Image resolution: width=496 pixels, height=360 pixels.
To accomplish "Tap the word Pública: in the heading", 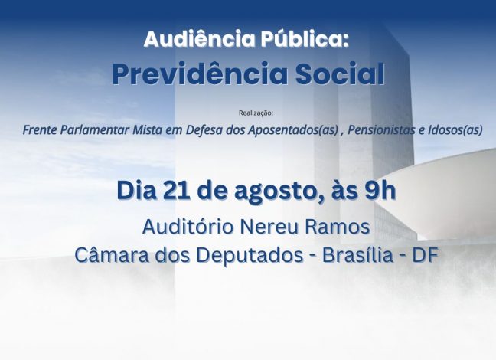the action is click(305, 38).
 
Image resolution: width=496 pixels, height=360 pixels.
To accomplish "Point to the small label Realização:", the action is click(256, 113).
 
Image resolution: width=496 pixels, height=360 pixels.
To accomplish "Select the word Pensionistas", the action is click(381, 130).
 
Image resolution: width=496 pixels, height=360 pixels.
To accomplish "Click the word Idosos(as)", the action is click(455, 130).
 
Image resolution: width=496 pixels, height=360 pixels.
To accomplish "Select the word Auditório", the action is click(189, 227).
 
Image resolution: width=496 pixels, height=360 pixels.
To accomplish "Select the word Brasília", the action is click(357, 254).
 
